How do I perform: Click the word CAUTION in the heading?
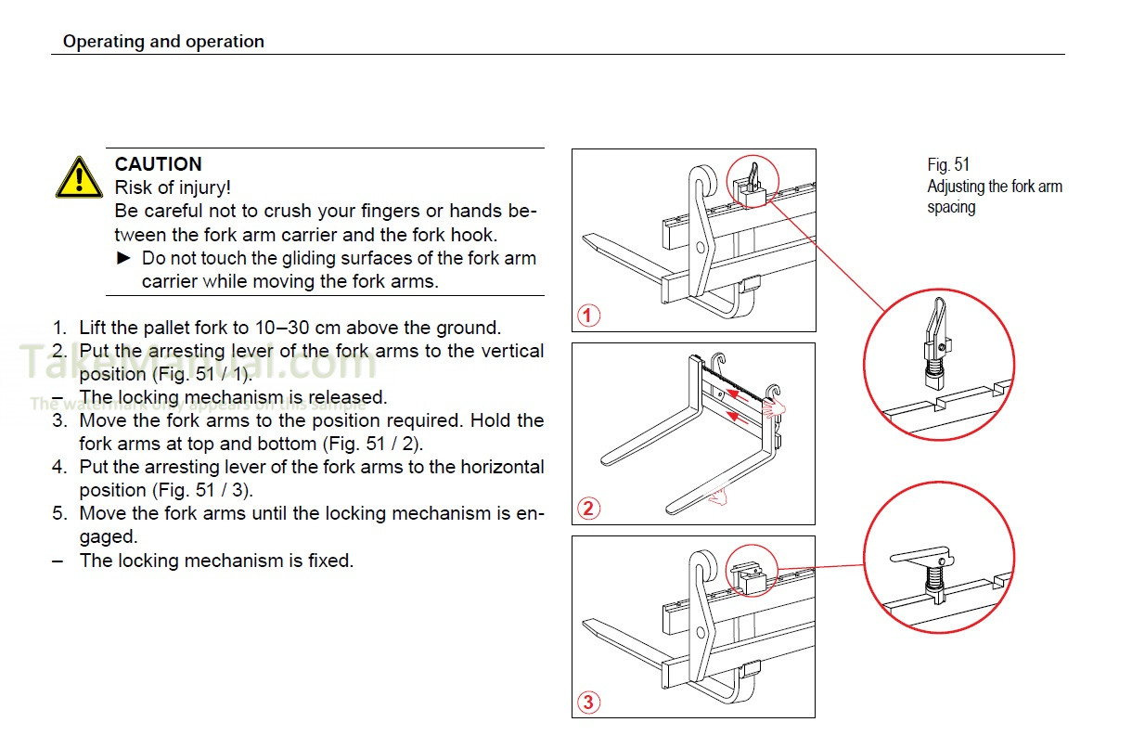158,164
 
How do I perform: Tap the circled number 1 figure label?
586,316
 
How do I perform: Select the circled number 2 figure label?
586,509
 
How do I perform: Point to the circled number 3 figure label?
586,702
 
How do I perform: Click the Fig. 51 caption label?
948,165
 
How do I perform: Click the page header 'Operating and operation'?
163,42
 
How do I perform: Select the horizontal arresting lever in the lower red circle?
919,558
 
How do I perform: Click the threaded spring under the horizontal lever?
933,580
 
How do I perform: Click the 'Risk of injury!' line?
173,187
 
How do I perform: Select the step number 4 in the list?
58,467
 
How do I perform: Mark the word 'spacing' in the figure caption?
951,207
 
